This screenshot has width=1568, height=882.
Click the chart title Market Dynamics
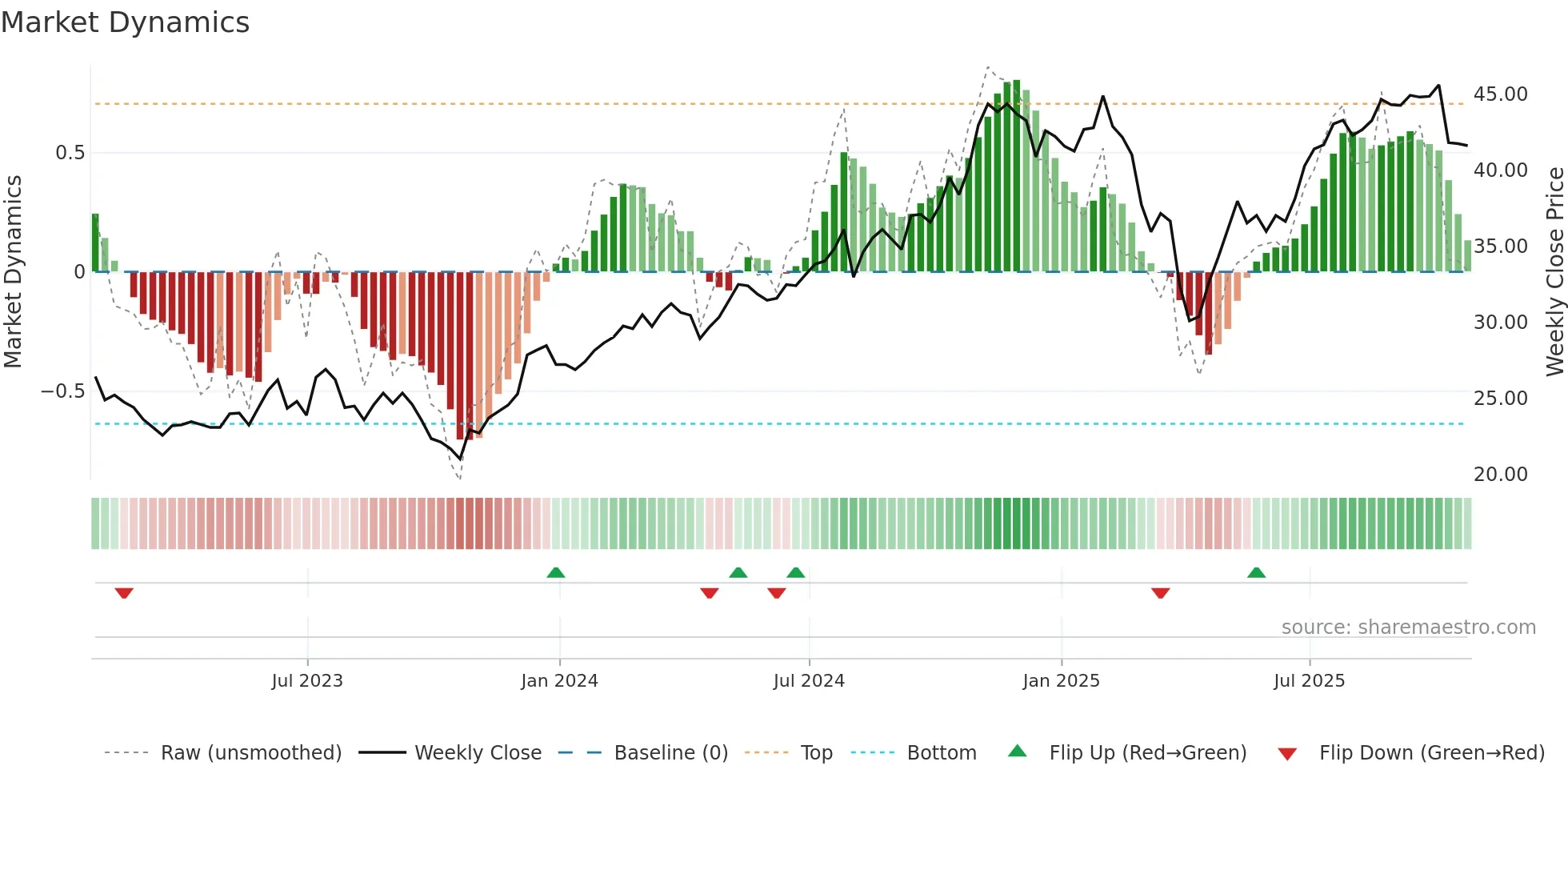(x=125, y=22)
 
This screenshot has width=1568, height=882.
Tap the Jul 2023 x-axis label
(x=307, y=681)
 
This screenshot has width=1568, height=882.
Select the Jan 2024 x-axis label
(x=559, y=681)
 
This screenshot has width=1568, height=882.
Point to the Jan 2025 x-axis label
(x=1061, y=681)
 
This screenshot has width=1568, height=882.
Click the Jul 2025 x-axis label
(x=1309, y=681)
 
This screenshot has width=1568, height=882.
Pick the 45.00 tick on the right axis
(x=1500, y=94)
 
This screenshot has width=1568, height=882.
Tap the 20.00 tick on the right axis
(x=1500, y=475)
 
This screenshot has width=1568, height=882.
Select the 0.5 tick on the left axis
(x=70, y=153)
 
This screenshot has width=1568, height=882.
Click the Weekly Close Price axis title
(x=1554, y=272)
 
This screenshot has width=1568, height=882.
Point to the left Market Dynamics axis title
(x=13, y=272)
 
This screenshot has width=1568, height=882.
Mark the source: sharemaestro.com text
(x=1408, y=627)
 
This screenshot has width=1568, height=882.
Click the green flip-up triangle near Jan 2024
(x=556, y=572)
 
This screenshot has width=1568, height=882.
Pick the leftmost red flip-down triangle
(x=124, y=593)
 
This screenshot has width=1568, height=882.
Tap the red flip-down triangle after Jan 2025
(x=1161, y=593)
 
